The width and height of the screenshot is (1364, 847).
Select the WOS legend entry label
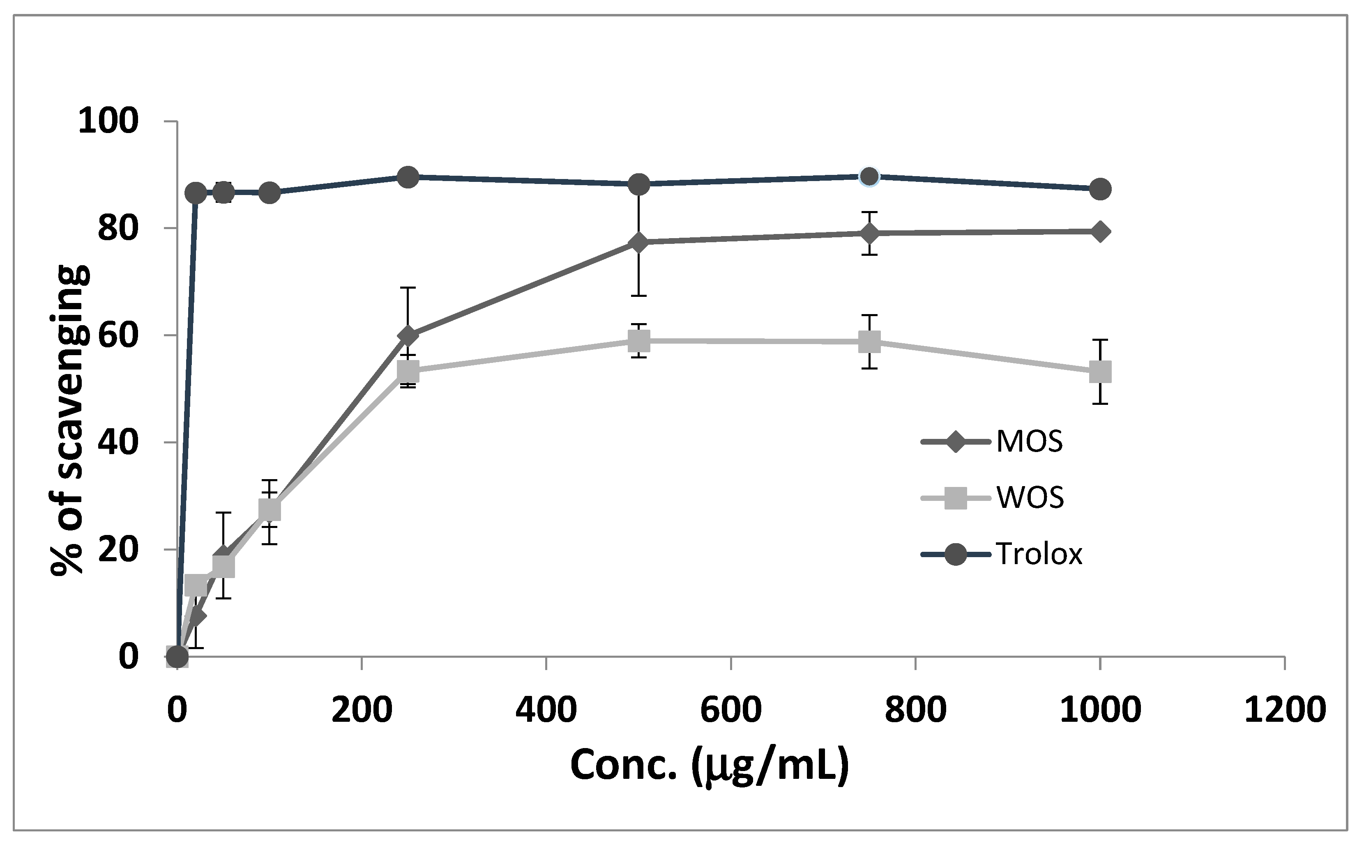1030,498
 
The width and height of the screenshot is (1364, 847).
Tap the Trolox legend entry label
1039,554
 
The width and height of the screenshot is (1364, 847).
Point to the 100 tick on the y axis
108,121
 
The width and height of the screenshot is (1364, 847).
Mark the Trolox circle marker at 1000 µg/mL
1100,189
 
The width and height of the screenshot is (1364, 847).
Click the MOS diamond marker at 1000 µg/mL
1100,232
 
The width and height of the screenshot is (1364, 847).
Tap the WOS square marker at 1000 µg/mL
1100,372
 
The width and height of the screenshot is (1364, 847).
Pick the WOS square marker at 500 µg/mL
639,340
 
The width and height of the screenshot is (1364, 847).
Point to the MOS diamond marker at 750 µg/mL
869,233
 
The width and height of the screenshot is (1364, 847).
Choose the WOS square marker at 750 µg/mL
869,341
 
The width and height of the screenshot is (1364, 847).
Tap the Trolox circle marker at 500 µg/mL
639,184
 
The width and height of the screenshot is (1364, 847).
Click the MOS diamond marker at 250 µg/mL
408,335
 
